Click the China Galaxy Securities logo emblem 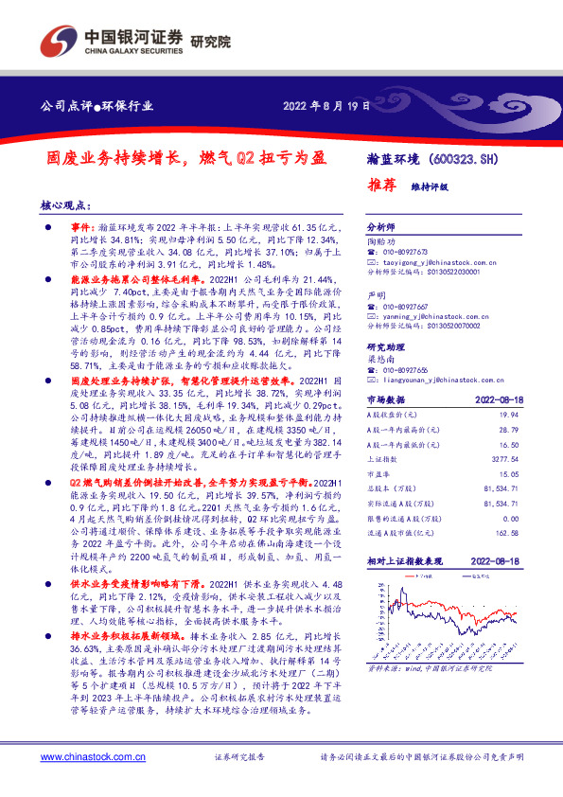point(56,41)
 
